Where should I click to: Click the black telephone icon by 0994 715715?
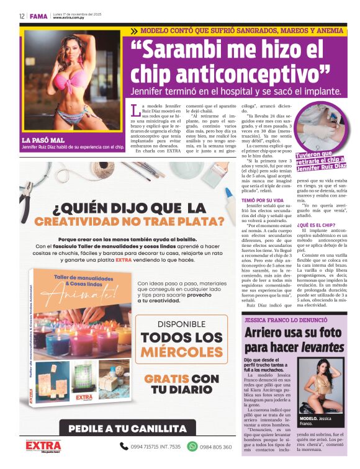(123, 446)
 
